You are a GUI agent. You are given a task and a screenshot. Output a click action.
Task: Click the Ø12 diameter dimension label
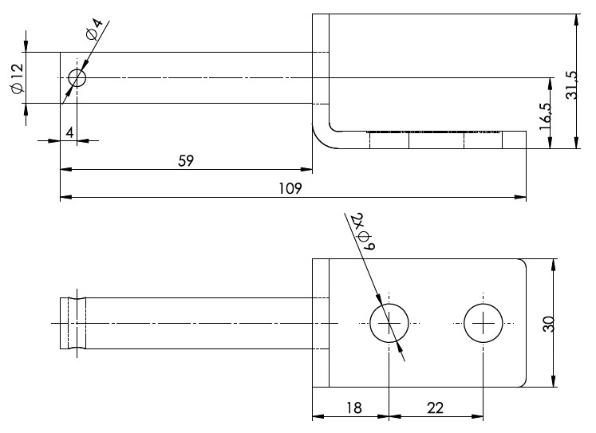pyautogui.click(x=18, y=78)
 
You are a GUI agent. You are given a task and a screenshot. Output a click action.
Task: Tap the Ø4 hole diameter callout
pyautogui.click(x=95, y=29)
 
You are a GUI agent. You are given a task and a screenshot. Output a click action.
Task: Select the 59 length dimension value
pyautogui.click(x=186, y=160)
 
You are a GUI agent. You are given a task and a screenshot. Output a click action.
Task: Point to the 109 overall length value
pyautogui.click(x=290, y=188)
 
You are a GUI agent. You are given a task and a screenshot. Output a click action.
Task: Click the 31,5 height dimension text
pyautogui.click(x=571, y=85)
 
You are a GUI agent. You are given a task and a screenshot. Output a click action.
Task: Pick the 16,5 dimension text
pyautogui.click(x=545, y=116)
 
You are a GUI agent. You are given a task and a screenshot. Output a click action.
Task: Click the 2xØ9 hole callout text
pyautogui.click(x=364, y=231)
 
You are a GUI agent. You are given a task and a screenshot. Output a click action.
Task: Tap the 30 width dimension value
pyautogui.click(x=549, y=324)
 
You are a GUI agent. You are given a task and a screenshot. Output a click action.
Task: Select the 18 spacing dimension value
pyautogui.click(x=354, y=408)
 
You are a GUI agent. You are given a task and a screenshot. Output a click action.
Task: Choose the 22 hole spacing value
pyautogui.click(x=435, y=408)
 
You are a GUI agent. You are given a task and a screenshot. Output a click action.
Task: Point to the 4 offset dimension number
pyautogui.click(x=69, y=133)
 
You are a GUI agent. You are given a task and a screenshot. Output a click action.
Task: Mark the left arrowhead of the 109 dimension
pyautogui.click(x=66, y=197)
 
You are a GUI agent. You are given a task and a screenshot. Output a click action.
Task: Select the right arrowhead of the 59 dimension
pyautogui.click(x=306, y=169)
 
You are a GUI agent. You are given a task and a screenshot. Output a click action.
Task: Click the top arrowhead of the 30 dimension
pyautogui.click(x=553, y=265)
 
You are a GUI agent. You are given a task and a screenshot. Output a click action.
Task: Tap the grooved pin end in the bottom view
pyautogui.click(x=73, y=323)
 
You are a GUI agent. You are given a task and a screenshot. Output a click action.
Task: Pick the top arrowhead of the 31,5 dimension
pyautogui.click(x=577, y=20)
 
